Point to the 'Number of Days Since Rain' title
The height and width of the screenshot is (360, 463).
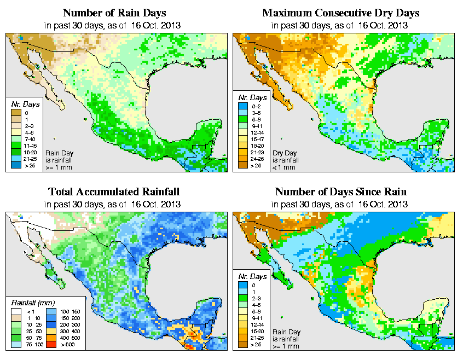pyautogui.click(x=340, y=192)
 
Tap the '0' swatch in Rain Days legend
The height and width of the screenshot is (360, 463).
pyautogui.click(x=16, y=113)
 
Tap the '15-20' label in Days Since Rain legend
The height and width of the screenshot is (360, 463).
pyautogui.click(x=257, y=332)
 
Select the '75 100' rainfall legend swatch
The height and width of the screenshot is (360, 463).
pyautogui.click(x=16, y=345)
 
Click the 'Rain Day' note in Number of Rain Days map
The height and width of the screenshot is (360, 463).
pyautogui.click(x=59, y=153)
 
